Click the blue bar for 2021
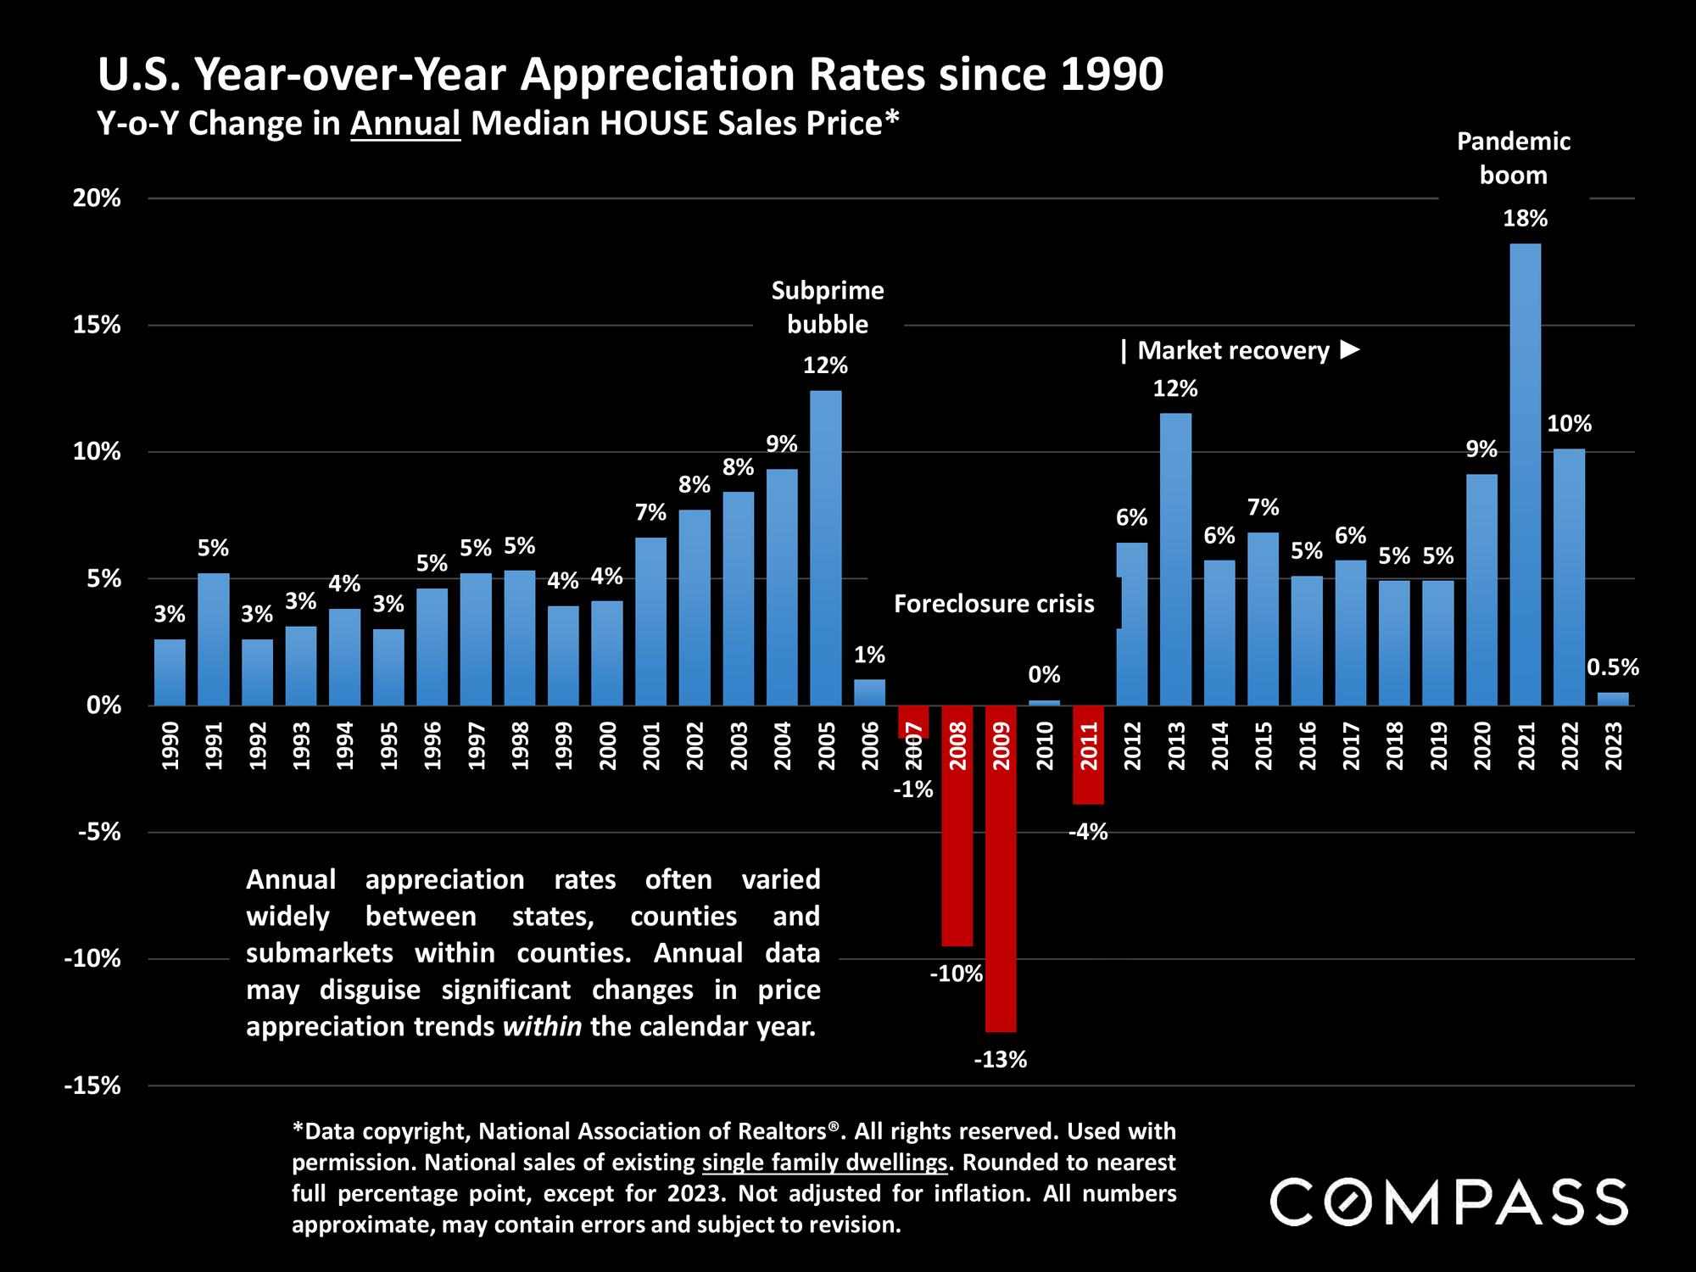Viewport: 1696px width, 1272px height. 1525,475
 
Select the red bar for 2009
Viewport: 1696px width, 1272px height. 1001,868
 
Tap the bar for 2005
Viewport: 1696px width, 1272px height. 826,548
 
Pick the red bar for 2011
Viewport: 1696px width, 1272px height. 1088,755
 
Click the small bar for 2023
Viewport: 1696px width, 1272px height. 1613,699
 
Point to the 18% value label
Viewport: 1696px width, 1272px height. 1525,219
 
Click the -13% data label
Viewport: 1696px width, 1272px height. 1001,1060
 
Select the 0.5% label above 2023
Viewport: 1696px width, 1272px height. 1613,667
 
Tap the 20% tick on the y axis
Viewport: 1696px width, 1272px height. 97,198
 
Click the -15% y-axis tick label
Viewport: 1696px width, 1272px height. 92,1086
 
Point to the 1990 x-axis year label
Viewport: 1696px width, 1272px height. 170,745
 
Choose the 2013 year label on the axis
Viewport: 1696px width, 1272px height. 1176,745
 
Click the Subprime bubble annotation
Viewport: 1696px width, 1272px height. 827,307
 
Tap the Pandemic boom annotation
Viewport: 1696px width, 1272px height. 1514,158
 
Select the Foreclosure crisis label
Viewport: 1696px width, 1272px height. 994,604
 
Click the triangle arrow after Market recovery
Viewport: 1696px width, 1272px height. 1351,349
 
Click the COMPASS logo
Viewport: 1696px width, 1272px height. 1448,1202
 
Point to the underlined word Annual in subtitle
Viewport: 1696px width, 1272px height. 405,124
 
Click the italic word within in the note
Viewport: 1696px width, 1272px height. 542,1027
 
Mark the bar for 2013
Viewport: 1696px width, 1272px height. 1175,560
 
